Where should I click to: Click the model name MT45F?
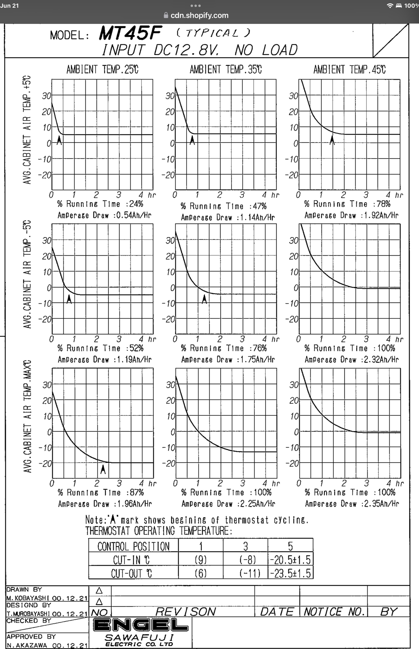click(130, 33)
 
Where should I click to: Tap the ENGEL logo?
click(140, 624)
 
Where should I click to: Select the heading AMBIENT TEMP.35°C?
click(226, 70)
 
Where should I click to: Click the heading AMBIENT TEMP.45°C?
click(349, 70)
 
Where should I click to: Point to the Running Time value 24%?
click(136, 204)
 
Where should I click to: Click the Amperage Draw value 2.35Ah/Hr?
click(381, 504)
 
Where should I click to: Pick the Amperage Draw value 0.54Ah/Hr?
click(134, 215)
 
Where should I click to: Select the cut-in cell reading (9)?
click(200, 560)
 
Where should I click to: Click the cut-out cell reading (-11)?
click(250, 573)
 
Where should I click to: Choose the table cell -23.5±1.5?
click(290, 573)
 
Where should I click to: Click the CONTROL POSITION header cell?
click(133, 547)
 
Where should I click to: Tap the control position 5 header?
click(290, 547)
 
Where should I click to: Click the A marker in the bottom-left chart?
click(103, 470)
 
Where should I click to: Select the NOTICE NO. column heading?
click(334, 612)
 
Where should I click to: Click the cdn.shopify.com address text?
click(200, 15)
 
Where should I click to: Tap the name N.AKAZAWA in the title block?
click(27, 645)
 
